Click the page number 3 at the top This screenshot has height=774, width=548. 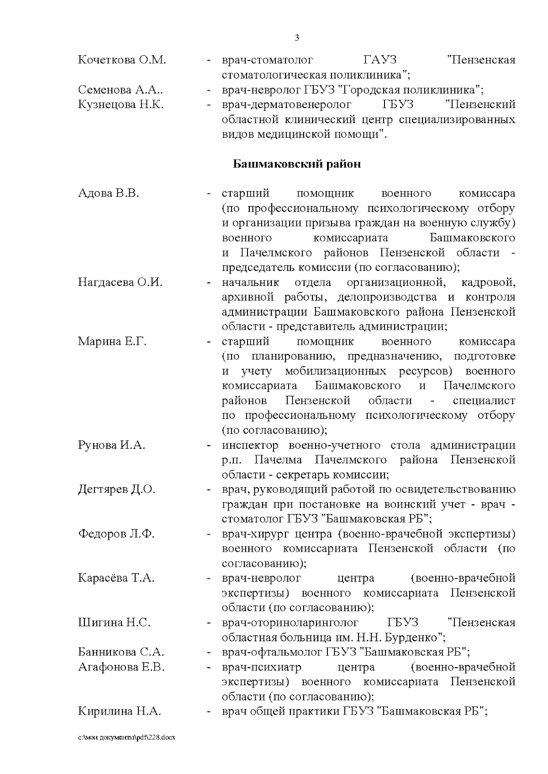tap(297, 37)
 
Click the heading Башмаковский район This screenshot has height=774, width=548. tap(297, 164)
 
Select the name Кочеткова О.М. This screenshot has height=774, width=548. tap(122, 60)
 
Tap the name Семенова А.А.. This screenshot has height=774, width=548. tap(121, 90)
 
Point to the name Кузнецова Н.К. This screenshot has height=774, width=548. tap(121, 105)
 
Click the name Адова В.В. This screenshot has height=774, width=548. tap(109, 193)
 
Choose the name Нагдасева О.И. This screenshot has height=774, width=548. tap(120, 282)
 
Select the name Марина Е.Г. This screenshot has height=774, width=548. tap(112, 342)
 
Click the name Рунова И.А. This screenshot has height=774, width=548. tap(112, 445)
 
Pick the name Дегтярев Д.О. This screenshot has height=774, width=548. tap(117, 490)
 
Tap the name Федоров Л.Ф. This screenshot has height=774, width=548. tap(116, 534)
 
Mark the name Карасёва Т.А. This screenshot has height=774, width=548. tap(116, 579)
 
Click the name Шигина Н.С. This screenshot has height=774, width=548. tap(114, 623)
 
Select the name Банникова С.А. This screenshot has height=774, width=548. tap(121, 653)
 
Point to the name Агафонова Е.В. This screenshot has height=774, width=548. tap(121, 667)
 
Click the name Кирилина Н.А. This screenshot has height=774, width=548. tap(119, 712)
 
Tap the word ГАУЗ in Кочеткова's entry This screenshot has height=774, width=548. tap(380, 60)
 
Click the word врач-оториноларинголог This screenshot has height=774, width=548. tap(290, 623)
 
